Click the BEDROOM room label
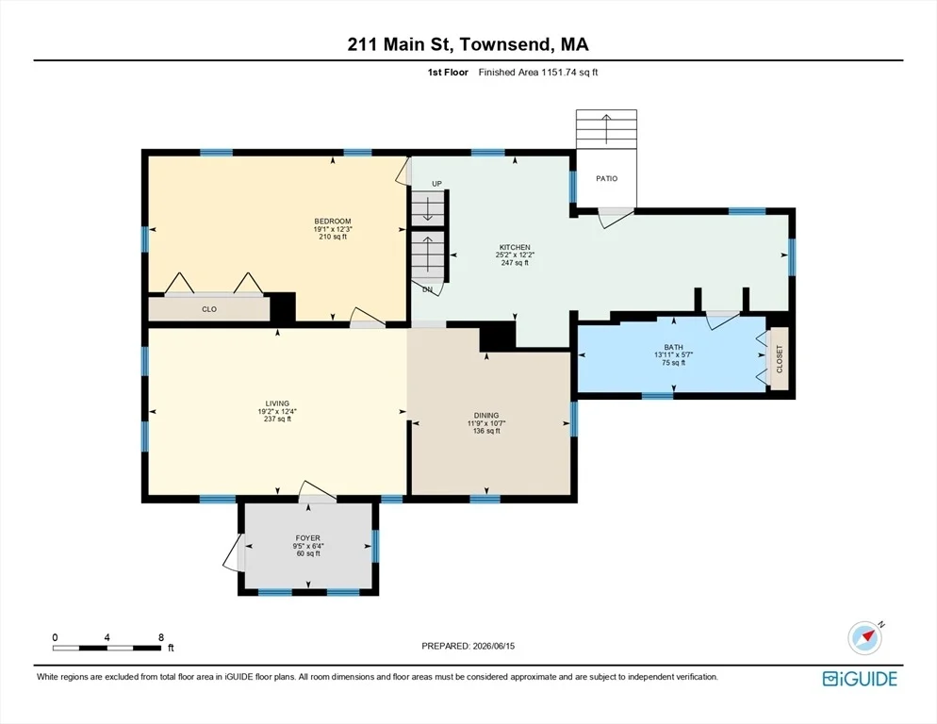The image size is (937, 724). (x=333, y=222)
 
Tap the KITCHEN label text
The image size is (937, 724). (x=515, y=248)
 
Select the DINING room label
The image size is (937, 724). (x=486, y=416)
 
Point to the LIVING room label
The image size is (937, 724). (x=277, y=403)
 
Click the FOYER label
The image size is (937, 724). (x=307, y=538)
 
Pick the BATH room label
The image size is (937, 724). (x=673, y=347)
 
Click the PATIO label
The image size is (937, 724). (x=606, y=178)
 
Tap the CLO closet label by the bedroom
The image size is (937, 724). (x=209, y=309)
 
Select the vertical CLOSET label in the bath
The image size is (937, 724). (x=780, y=359)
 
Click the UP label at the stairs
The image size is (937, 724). (x=436, y=184)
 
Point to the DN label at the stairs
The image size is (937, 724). (x=427, y=289)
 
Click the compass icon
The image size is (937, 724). (x=864, y=638)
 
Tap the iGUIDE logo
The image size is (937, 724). (x=860, y=679)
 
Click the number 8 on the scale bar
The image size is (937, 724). (x=161, y=637)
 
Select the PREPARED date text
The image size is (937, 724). (x=468, y=646)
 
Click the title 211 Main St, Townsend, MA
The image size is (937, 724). (x=468, y=44)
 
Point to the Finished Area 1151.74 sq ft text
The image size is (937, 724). (x=538, y=73)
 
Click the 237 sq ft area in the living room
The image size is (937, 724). (x=277, y=420)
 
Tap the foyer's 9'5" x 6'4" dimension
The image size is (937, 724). (x=308, y=546)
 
